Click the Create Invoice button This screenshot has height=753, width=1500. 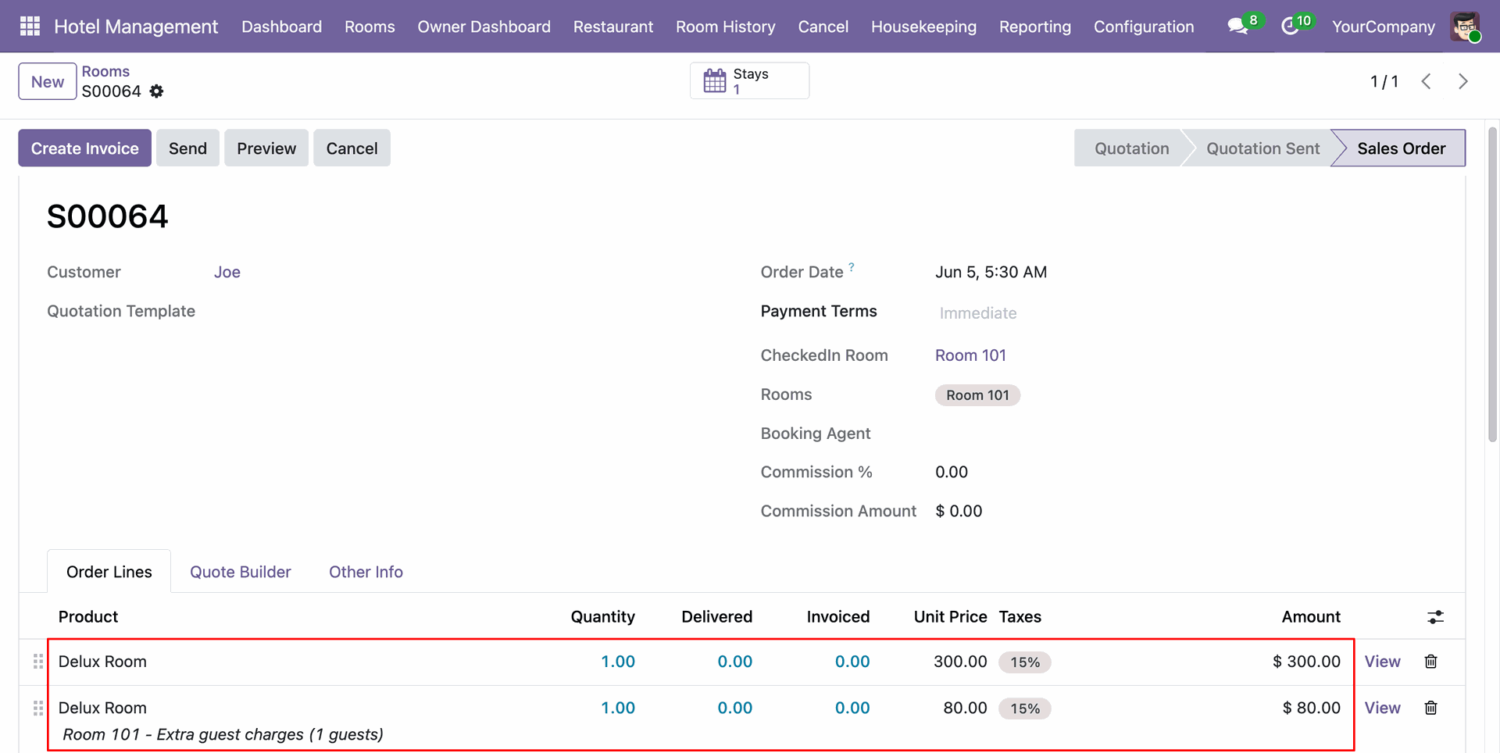[x=84, y=148]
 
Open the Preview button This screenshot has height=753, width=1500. [x=266, y=148]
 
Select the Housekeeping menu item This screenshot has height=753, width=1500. [x=923, y=27]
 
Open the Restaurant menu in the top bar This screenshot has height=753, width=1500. [x=613, y=27]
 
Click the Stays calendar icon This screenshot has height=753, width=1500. [x=715, y=80]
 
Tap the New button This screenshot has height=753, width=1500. [x=48, y=81]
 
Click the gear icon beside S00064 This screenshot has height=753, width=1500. [x=157, y=91]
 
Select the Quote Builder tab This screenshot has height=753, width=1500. [x=241, y=572]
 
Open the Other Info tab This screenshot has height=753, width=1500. [x=366, y=572]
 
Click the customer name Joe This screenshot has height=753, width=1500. [x=227, y=272]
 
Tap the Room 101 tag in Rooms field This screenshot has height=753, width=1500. [x=977, y=395]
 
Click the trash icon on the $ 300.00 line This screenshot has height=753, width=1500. [x=1430, y=662]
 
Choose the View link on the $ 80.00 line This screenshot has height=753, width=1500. [x=1382, y=708]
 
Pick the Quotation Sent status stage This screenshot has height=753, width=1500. [x=1262, y=148]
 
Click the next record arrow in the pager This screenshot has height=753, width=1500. [x=1463, y=81]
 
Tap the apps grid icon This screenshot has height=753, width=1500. [x=30, y=27]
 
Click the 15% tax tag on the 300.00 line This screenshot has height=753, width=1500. [x=1025, y=662]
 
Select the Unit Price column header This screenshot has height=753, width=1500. [x=950, y=616]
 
